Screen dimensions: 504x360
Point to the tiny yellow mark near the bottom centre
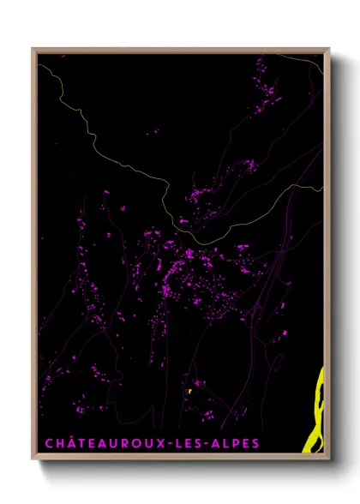coord(188,393)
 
